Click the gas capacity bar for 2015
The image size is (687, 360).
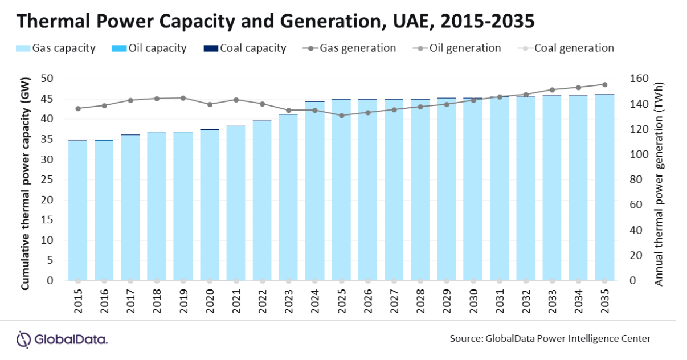click(x=78, y=211)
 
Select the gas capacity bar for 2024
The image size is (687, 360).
click(x=314, y=191)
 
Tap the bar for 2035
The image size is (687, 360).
click(x=605, y=187)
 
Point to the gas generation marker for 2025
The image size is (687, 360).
click(x=342, y=116)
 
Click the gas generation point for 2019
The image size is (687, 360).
click(x=183, y=98)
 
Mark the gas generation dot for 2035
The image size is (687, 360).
click(x=605, y=85)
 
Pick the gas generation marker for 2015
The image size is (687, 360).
click(x=78, y=109)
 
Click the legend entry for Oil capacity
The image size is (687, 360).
click(x=149, y=48)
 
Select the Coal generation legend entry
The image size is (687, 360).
click(x=566, y=48)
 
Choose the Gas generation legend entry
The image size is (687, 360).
click(x=349, y=48)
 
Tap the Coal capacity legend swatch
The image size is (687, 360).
click(x=211, y=48)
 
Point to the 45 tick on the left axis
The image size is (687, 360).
click(x=47, y=99)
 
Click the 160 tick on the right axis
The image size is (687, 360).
click(x=639, y=79)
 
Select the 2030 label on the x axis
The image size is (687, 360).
click(x=473, y=301)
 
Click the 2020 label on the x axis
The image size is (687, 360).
click(x=210, y=301)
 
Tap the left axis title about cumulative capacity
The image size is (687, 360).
click(x=25, y=183)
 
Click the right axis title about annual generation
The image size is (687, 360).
click(x=658, y=184)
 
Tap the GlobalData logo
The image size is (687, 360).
click(x=62, y=339)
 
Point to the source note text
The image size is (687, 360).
click(x=550, y=339)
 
